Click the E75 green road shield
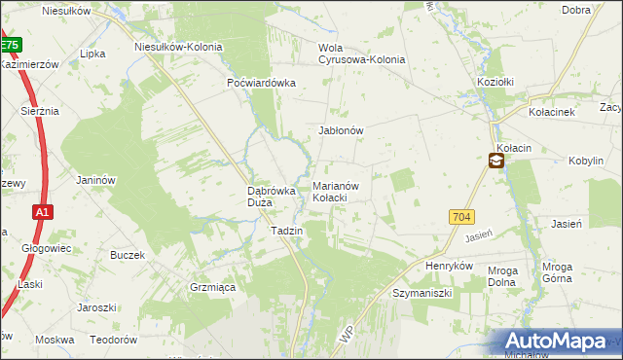(9, 45)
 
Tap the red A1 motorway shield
(41, 211)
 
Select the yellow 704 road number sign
(461, 217)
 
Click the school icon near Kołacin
(495, 162)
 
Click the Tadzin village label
(286, 231)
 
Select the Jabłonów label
(341, 130)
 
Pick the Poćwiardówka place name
(261, 83)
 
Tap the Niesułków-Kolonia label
(178, 46)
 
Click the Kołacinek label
(553, 112)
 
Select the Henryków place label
(449, 265)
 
